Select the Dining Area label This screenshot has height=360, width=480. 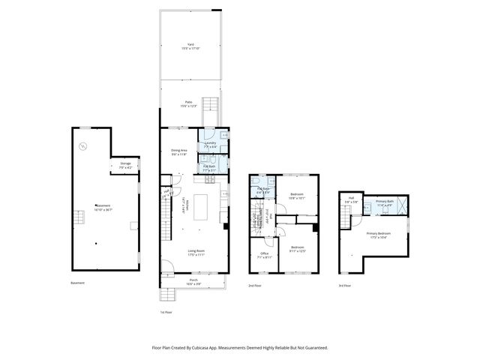178,152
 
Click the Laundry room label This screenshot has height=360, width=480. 210,145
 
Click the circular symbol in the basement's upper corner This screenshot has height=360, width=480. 83,145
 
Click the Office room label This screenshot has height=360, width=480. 264,255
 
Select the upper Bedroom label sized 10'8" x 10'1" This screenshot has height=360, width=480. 297,196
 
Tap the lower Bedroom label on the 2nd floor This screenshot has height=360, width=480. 298,249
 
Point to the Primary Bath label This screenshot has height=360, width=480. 385,202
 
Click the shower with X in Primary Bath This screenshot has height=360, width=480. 403,205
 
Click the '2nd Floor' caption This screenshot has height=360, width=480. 255,286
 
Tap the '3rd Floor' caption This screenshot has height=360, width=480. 343,286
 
